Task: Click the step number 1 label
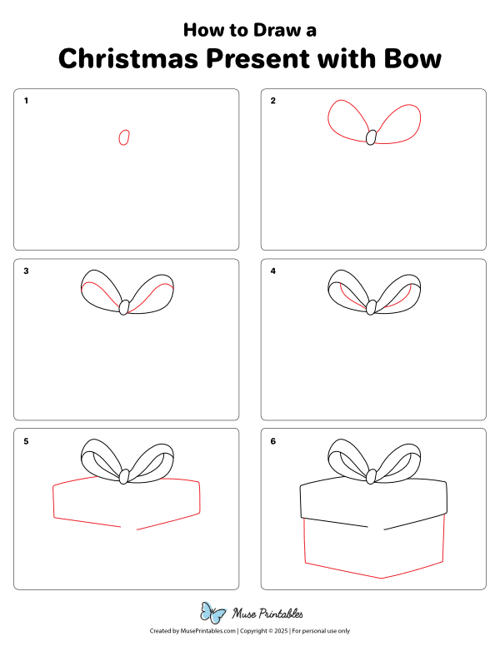click(26, 101)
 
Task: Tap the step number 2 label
click(273, 101)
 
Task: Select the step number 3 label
click(26, 271)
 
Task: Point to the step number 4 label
click(273, 271)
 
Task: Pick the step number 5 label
click(26, 440)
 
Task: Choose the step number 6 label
click(273, 440)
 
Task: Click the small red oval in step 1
click(124, 137)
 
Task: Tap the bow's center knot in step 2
click(372, 137)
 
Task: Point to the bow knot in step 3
click(124, 307)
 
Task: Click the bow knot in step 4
click(372, 307)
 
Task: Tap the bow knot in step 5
click(124, 477)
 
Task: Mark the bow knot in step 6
click(372, 477)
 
